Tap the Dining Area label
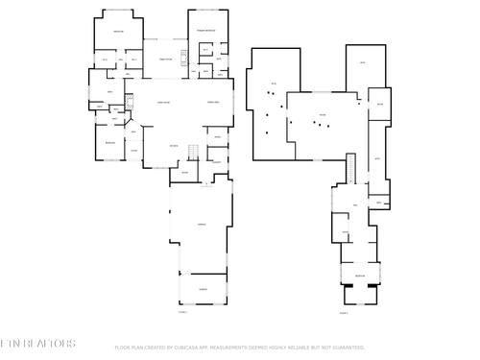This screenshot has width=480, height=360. click(x=214, y=102)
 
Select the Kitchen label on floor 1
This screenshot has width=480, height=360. click(x=174, y=146)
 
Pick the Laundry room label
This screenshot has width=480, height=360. click(x=216, y=161)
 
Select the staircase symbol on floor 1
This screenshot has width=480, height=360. click(x=192, y=152)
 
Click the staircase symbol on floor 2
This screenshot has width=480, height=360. click(x=351, y=168)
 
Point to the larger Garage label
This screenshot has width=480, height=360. click(x=202, y=224)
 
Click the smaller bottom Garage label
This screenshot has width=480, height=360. click(x=203, y=288)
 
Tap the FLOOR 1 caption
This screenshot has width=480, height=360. click(x=182, y=312)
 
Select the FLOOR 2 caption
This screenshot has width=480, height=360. click(x=344, y=313)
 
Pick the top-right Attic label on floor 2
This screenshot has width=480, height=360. click(x=363, y=63)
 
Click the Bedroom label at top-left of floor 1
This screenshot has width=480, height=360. click(x=118, y=32)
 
